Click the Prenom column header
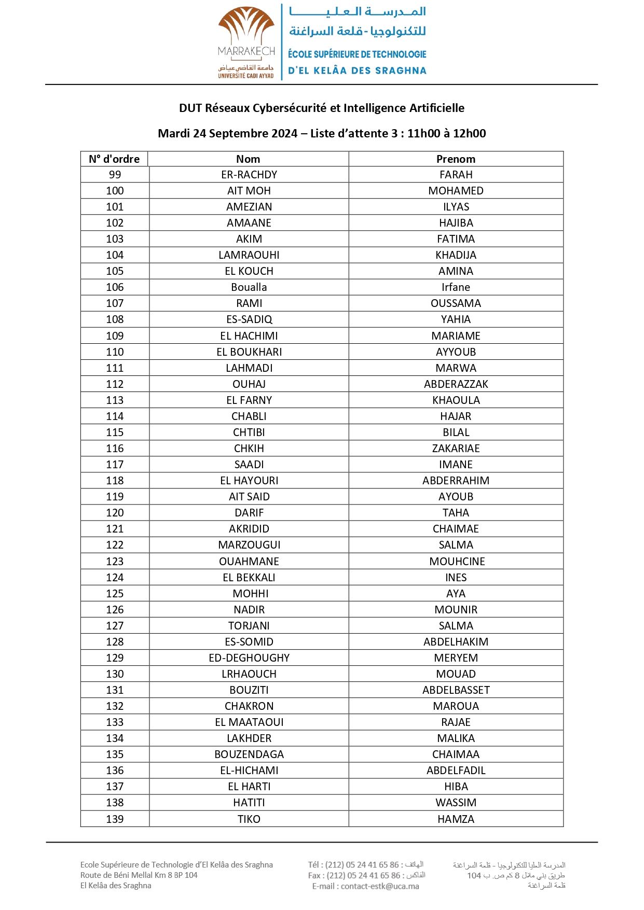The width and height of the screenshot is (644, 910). pos(456,159)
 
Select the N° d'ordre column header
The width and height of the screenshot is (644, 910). pos(114,159)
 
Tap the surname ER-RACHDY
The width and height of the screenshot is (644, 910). pos(249,175)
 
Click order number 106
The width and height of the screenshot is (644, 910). pos(115,287)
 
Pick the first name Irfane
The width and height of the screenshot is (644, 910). pos(456,287)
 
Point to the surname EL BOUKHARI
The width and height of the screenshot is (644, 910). pos(249,352)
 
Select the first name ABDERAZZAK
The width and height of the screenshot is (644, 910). pos(456,384)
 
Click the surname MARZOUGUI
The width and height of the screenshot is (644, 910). pos(249,545)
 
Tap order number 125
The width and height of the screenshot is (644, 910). pos(115,594)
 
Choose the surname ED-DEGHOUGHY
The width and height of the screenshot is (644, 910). pos(249,658)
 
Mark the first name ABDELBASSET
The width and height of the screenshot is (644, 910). pos(456,690)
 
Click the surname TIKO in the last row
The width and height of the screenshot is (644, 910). pos(249,819)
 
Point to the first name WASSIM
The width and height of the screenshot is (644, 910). pos(456,803)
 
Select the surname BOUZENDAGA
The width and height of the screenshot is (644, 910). pos(249,754)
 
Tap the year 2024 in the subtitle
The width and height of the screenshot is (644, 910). pos(284,133)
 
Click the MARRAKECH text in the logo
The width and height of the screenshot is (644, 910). pos(246,51)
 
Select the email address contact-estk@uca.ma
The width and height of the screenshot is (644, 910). pos(380,886)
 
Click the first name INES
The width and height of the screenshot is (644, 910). pos(456,578)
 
